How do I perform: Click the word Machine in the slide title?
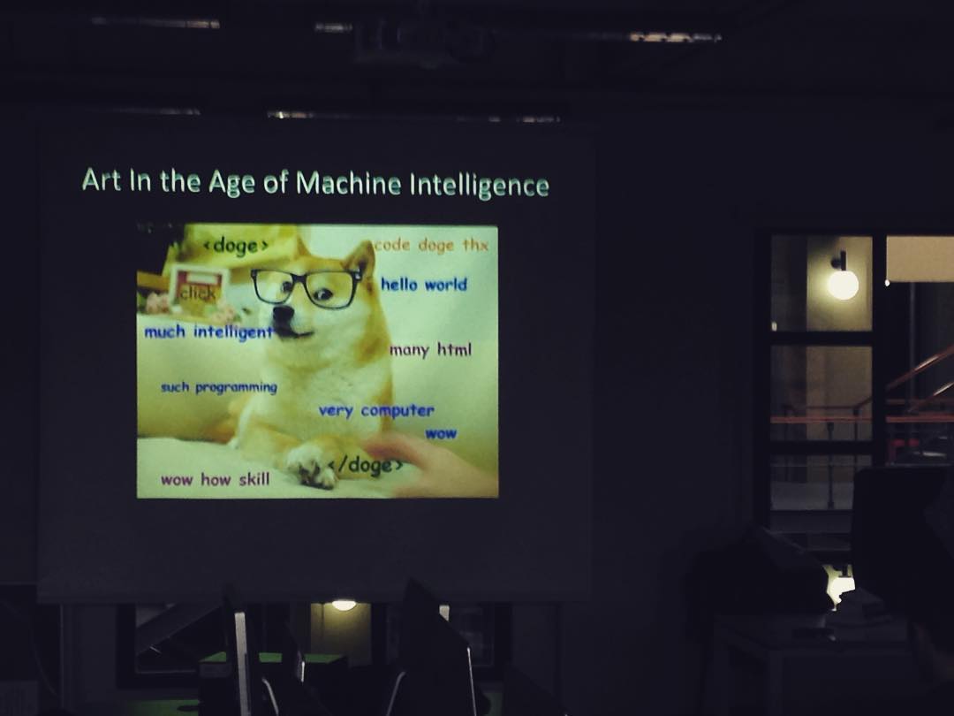(349, 183)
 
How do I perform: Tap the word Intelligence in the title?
(480, 185)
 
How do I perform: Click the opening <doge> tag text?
(236, 246)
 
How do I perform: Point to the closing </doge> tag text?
(366, 465)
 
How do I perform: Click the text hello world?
(424, 285)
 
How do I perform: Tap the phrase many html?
(431, 350)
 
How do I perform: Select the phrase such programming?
(219, 387)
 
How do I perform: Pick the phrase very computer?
(376, 411)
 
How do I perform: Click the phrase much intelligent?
(208, 331)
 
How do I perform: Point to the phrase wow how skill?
(216, 479)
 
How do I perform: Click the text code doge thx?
(431, 245)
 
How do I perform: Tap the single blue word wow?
(441, 433)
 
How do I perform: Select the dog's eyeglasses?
(306, 286)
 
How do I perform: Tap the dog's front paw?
(313, 466)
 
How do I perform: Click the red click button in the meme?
(198, 290)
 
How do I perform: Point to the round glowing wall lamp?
(843, 284)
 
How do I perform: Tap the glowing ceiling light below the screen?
(344, 606)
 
